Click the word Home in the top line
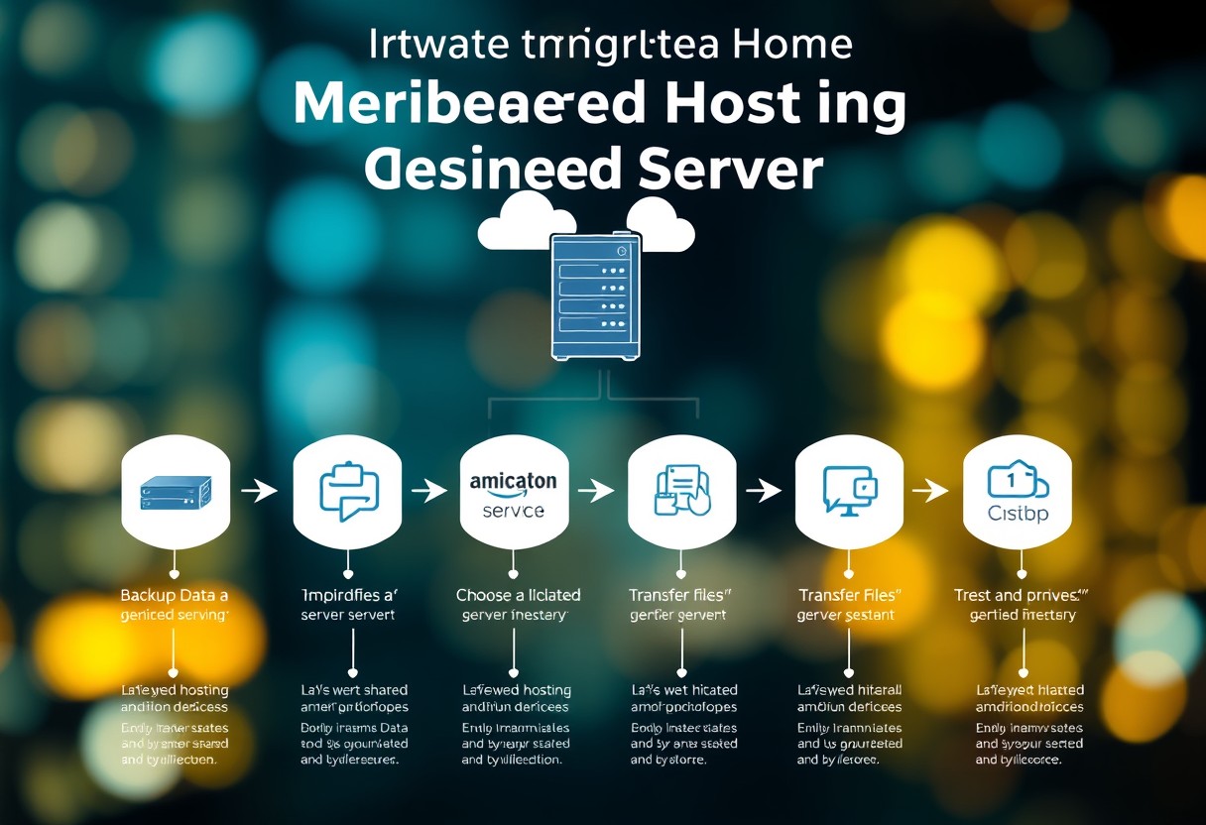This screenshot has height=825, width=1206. click(x=789, y=46)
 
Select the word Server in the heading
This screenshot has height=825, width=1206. click(x=725, y=170)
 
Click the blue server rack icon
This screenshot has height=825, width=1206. click(x=595, y=295)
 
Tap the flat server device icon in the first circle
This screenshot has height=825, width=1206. click(x=176, y=492)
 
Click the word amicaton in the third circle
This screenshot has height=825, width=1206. click(x=513, y=481)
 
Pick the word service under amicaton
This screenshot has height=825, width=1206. click(x=513, y=511)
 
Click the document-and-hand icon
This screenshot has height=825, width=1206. click(x=683, y=490)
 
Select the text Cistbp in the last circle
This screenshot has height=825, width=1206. click(x=1018, y=513)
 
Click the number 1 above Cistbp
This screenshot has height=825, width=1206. click(x=1013, y=480)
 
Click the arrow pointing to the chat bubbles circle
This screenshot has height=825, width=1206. click(x=261, y=491)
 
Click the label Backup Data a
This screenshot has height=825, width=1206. click(x=174, y=595)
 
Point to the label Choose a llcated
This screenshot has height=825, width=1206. click(x=518, y=595)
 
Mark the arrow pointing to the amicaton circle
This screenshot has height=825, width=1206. click(x=428, y=490)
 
